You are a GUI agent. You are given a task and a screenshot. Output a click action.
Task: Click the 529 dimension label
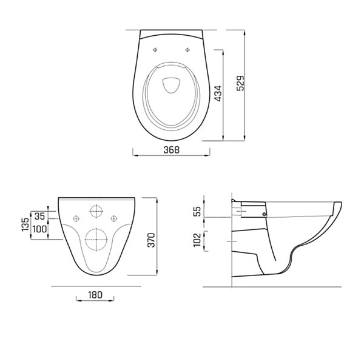(241, 83)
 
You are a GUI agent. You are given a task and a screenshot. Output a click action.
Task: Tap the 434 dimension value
(218, 93)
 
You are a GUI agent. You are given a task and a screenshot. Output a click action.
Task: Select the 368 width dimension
(172, 150)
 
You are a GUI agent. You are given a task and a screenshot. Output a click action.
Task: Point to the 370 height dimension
(151, 240)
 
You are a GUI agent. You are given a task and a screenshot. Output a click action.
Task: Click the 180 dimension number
(95, 295)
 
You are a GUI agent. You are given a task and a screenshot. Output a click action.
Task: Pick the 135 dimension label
(25, 224)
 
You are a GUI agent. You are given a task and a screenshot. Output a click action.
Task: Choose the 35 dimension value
(39, 216)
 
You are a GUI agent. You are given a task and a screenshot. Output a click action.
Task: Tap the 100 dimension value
(39, 229)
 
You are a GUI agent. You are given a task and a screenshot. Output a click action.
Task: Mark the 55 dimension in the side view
(197, 211)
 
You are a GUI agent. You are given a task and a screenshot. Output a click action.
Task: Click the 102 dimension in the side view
(197, 240)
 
